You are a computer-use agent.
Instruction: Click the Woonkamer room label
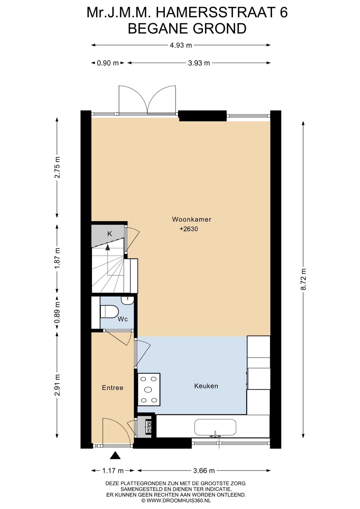pos(191,219)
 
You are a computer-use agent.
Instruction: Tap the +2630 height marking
pos(189,229)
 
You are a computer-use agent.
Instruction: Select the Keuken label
pos(206,386)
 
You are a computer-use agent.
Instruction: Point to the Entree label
pos(113,388)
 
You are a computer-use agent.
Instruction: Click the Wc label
pos(123,319)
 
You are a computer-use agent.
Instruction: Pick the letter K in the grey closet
pos(109,234)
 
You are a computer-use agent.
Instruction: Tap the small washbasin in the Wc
pos(128,300)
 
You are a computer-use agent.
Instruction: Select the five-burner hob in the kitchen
pos(149,389)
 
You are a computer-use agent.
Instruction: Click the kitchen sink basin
pos(215,427)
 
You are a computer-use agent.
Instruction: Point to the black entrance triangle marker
pos(115,455)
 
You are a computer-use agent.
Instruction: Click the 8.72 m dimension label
pos(303,279)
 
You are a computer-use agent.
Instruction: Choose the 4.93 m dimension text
pos(181,45)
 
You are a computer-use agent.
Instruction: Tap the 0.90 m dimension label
pos(108,63)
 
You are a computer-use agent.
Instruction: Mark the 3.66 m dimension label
pos(204,471)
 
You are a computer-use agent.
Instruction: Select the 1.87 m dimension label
pos(57,258)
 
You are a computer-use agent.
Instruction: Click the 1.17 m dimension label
pos(113,471)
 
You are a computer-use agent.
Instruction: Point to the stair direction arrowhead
pos(108,247)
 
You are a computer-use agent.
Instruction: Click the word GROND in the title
pos(216,29)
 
